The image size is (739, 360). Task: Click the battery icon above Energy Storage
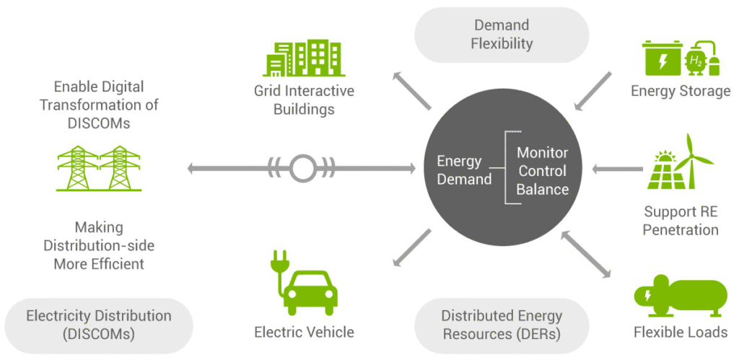tap(662, 58)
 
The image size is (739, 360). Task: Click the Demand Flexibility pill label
tap(502, 35)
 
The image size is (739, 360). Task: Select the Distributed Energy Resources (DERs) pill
tap(502, 325)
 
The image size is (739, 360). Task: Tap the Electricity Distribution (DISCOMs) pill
tap(99, 325)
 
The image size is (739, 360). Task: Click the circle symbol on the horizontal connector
tap(302, 169)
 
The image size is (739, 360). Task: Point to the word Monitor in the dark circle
tap(543, 153)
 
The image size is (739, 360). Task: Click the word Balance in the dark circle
tap(543, 190)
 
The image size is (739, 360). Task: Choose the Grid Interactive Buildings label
tap(304, 100)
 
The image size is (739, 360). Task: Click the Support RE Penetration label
tap(681, 221)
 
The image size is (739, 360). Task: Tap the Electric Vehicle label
tap(304, 332)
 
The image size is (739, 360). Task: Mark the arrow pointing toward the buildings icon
tap(412, 92)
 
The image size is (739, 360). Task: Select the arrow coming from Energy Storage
tap(594, 92)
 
